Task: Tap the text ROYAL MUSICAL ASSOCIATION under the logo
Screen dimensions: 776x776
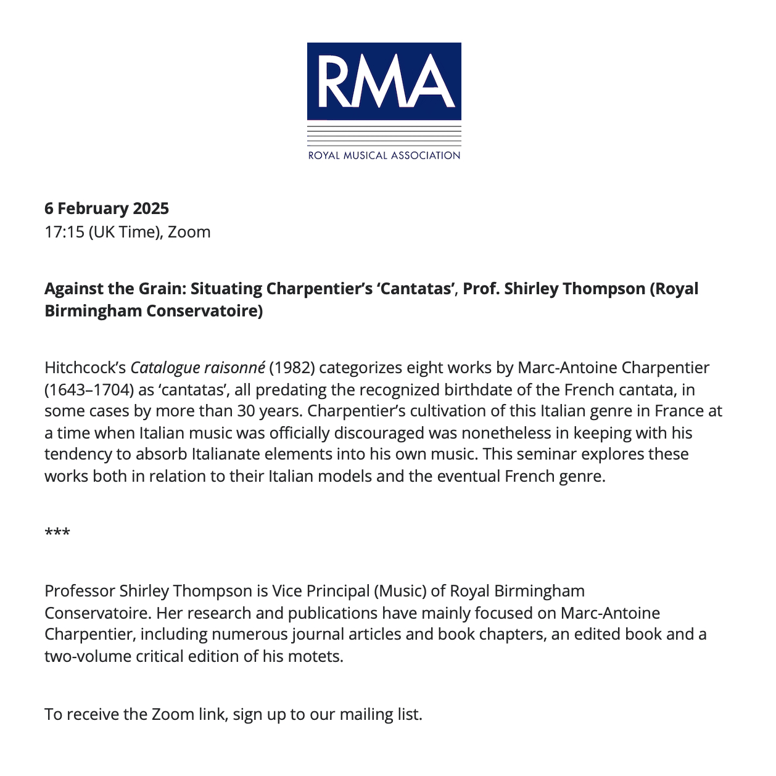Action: [x=384, y=155]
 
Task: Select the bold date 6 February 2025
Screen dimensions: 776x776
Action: [x=107, y=208]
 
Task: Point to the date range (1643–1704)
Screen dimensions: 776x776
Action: [x=86, y=390]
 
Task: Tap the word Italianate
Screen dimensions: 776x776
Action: [x=231, y=454]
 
